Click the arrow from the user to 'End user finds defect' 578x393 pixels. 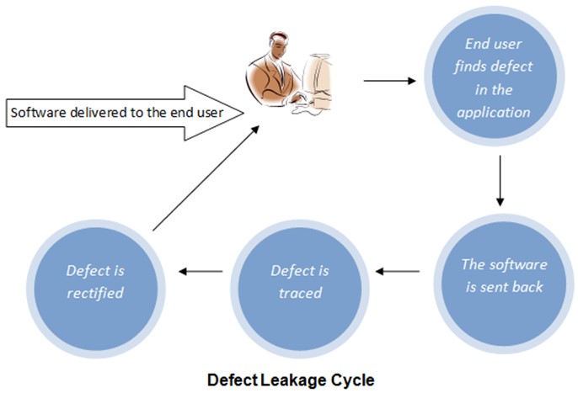pyautogui.click(x=390, y=82)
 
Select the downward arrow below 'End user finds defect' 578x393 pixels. pyautogui.click(x=500, y=183)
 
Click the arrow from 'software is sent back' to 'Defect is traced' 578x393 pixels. pyautogui.click(x=397, y=272)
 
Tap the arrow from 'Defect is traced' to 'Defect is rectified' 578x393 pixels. pyautogui.click(x=202, y=271)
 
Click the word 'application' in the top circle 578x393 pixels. pyautogui.click(x=499, y=111)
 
